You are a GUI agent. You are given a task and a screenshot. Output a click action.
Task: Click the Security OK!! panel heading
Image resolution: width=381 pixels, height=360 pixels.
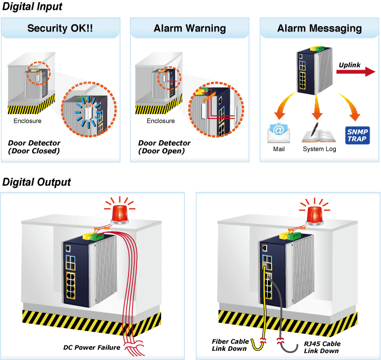[x=60, y=28]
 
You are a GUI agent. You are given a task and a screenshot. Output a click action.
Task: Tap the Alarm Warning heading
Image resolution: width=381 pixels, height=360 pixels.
[x=190, y=28]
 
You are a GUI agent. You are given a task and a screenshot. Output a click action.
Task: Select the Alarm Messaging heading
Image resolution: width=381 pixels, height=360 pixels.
[x=319, y=28]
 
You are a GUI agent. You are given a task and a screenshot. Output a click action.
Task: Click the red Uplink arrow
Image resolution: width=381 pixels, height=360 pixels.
[x=356, y=72]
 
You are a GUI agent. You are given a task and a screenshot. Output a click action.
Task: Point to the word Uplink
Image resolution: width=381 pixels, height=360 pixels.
[x=349, y=65]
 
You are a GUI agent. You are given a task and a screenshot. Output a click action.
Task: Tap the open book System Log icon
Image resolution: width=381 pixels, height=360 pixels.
[x=318, y=133]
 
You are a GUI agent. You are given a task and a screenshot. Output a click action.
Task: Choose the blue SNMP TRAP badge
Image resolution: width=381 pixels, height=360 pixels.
[x=358, y=135]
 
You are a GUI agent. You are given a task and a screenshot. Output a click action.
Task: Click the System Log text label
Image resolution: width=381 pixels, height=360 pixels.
[x=319, y=149]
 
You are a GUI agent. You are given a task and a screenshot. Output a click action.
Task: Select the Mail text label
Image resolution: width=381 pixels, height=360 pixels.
[x=279, y=149]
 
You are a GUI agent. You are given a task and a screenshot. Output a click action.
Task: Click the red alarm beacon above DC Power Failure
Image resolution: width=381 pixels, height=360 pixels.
[x=120, y=212]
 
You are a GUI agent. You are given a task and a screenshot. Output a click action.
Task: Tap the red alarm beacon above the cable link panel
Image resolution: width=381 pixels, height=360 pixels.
[x=315, y=213]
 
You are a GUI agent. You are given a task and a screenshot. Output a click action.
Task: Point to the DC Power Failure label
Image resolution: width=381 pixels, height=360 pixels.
[x=91, y=347]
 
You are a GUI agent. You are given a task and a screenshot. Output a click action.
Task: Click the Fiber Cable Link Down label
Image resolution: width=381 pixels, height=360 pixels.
[x=230, y=345]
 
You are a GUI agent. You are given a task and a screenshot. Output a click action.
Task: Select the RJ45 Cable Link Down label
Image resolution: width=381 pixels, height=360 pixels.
[x=322, y=347]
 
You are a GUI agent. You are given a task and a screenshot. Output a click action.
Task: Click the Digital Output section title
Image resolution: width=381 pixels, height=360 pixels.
[x=36, y=182]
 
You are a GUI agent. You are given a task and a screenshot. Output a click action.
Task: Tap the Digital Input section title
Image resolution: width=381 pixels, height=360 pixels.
[x=32, y=7]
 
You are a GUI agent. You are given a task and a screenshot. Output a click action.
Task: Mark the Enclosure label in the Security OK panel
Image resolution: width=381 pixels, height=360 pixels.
[x=27, y=121]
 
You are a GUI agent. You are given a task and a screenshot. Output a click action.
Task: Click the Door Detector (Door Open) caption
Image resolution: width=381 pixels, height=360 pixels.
[x=164, y=147]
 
